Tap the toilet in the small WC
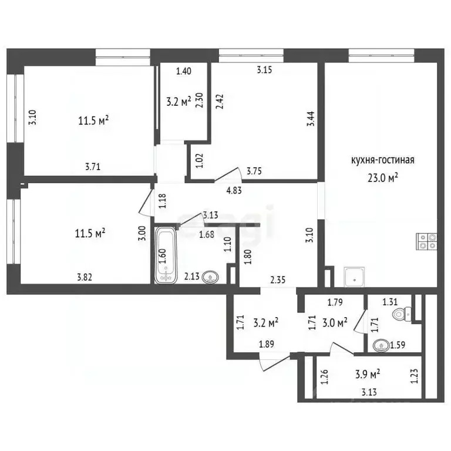402,314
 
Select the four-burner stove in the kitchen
427,241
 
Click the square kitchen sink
354,277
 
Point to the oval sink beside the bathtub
211,277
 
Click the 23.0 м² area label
383,178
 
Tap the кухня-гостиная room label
383,160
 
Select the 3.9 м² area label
369,374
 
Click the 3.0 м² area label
335,322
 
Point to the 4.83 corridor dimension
234,190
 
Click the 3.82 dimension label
85,277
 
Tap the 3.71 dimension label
93,167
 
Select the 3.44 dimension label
311,119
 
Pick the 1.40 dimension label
183,70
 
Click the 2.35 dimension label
278,280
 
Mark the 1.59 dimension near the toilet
398,345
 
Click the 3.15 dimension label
264,70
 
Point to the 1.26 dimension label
324,376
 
